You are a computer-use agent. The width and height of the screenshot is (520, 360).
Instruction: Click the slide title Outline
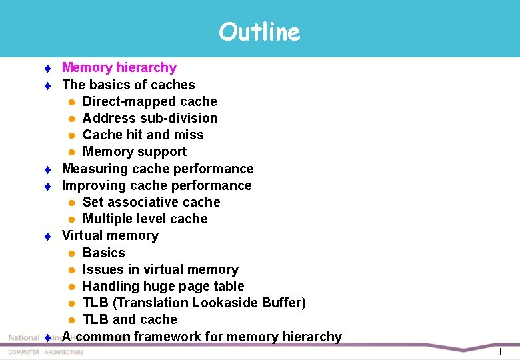click(x=259, y=31)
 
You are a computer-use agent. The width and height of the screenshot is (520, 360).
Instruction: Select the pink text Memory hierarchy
click(x=119, y=67)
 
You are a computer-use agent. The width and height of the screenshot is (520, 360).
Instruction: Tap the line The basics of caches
click(x=128, y=85)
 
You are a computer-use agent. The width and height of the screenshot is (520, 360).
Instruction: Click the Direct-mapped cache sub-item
click(x=149, y=101)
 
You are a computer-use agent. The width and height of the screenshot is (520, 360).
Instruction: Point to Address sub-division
click(x=150, y=118)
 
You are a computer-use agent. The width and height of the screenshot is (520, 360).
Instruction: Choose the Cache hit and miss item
click(x=143, y=135)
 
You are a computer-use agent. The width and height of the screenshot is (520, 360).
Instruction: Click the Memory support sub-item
click(x=134, y=151)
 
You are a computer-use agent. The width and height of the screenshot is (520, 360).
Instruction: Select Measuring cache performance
click(x=157, y=169)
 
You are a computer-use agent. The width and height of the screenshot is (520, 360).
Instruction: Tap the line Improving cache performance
click(x=157, y=185)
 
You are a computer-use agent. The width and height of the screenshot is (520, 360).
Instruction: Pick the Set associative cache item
click(x=151, y=202)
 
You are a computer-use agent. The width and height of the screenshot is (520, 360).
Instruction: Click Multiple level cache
click(x=145, y=219)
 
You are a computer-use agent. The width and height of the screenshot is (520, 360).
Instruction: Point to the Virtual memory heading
click(x=110, y=235)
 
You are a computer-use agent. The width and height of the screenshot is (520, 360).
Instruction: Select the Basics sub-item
click(x=103, y=253)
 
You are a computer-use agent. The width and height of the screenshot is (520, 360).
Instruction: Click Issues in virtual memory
click(x=160, y=269)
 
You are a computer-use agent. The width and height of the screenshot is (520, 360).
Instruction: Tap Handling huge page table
click(x=163, y=286)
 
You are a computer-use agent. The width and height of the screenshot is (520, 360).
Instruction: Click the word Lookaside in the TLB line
click(x=225, y=303)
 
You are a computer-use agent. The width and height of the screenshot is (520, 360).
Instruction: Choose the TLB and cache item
click(x=129, y=319)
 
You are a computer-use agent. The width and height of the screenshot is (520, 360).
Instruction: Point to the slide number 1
click(x=499, y=351)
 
